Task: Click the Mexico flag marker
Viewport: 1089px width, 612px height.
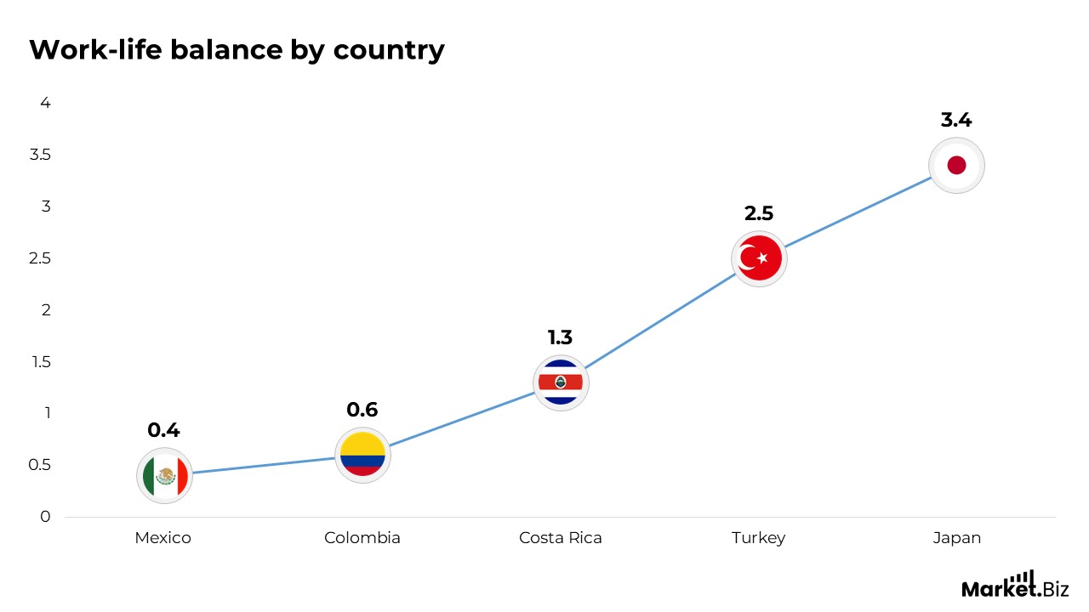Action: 164,476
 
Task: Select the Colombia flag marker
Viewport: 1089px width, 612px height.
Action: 362,456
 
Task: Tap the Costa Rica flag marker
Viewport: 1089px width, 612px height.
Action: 561,382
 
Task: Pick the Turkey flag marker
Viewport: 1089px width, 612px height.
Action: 759,258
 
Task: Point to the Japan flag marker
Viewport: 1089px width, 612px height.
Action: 956,165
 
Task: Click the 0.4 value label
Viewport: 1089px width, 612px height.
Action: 164,430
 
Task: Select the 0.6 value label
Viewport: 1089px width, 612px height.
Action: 362,410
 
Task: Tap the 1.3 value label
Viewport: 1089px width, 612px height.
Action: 561,337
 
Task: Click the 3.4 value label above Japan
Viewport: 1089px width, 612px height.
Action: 956,120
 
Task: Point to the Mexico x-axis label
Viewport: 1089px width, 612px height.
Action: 163,538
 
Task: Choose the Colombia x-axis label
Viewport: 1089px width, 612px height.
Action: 362,538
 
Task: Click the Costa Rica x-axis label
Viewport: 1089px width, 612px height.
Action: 561,538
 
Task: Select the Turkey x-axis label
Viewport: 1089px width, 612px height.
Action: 759,538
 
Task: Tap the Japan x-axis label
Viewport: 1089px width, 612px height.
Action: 956,538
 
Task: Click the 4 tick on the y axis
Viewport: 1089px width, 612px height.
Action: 46,103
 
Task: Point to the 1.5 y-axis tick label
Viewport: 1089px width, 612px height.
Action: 41,362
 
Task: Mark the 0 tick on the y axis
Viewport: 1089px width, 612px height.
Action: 46,517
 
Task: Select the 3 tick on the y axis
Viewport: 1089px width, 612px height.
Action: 46,207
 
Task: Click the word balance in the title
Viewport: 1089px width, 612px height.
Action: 218,50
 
